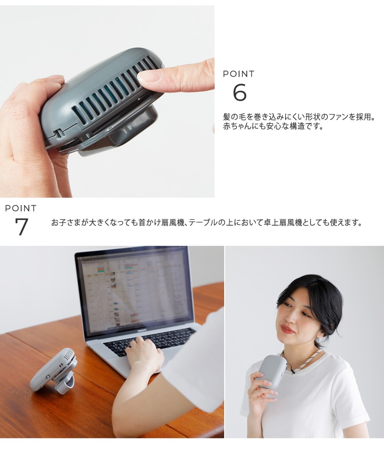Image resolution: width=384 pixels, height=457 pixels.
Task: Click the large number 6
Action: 240,92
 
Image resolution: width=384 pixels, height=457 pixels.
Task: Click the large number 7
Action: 22,227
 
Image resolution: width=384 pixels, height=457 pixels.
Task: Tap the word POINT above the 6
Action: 239,74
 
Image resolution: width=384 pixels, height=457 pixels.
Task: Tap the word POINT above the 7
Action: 21,208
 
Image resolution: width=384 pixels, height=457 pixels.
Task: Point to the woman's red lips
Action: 287,329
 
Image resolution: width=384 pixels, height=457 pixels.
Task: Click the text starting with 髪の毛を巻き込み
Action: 299,117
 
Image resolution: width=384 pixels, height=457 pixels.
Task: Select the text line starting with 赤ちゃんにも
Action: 273,127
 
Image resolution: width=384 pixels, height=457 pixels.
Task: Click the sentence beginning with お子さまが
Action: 206,223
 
